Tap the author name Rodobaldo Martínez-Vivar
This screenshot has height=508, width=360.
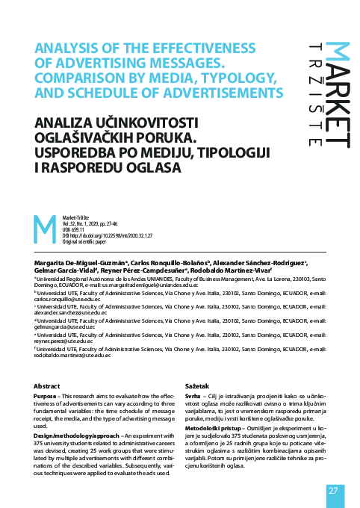point(247,272)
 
